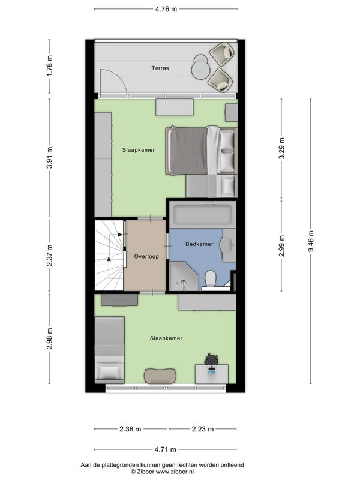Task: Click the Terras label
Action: coord(160,68)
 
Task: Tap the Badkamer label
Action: coord(199,244)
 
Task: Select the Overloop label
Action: coord(146,257)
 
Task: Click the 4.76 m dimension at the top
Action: coord(166,9)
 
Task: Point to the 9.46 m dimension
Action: coord(311,241)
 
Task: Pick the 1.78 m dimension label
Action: coord(50,66)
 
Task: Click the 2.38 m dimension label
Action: coord(130,429)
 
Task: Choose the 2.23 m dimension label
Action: coord(203,429)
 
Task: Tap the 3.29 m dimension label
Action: coord(281,148)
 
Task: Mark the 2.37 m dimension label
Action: coord(50,255)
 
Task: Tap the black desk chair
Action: coord(211,359)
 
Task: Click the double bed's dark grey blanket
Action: coord(188,151)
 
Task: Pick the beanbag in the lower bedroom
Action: coord(160,376)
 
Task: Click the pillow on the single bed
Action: coord(109,372)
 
